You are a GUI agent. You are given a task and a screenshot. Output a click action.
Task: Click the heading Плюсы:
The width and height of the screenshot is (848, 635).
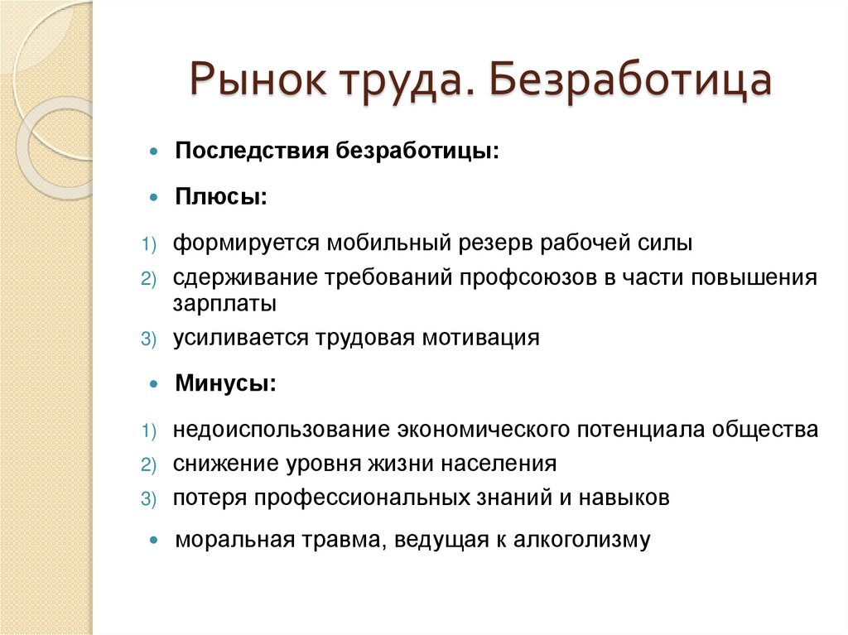[x=220, y=197]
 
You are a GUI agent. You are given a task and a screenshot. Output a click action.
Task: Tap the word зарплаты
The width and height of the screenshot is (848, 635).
[x=224, y=303]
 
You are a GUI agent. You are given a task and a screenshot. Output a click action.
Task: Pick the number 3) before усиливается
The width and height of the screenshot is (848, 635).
[x=147, y=339]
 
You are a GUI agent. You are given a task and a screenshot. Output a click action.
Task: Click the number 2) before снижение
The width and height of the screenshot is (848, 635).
[x=147, y=465]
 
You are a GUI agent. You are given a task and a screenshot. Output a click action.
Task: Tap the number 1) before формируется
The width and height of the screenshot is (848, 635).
[x=147, y=245]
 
